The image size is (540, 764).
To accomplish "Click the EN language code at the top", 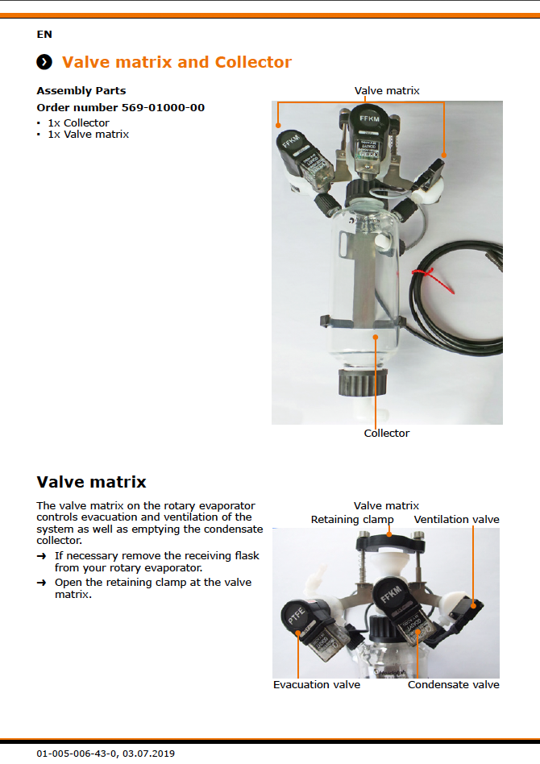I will click(44, 35).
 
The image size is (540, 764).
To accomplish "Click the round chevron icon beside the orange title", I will click(44, 63).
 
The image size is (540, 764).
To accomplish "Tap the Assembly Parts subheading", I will click(81, 91).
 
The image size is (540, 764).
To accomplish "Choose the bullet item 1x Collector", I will click(78, 123).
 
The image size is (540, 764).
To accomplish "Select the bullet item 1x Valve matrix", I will click(88, 135).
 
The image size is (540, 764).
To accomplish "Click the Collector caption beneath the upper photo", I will click(387, 434).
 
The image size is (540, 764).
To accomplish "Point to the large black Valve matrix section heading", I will click(91, 483).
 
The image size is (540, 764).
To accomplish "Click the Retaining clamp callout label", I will click(352, 520).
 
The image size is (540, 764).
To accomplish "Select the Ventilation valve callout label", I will click(456, 520).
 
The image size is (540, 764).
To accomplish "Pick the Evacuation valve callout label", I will click(317, 685).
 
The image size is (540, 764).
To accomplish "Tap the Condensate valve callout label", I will click(453, 685).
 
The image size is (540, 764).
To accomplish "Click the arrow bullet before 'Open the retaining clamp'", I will click(41, 583).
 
